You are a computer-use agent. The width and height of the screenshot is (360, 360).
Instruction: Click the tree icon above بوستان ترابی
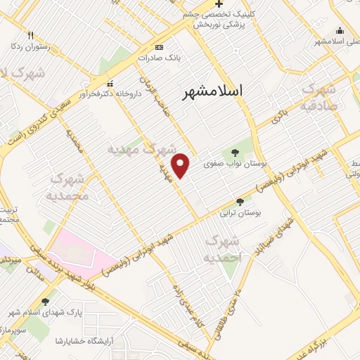coord(240,201)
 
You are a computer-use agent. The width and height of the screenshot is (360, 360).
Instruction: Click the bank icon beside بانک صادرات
coord(159,48)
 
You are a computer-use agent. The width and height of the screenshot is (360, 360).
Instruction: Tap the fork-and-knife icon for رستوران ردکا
coord(30,35)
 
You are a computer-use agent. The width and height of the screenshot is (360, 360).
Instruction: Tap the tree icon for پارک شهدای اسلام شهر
coord(46,302)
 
